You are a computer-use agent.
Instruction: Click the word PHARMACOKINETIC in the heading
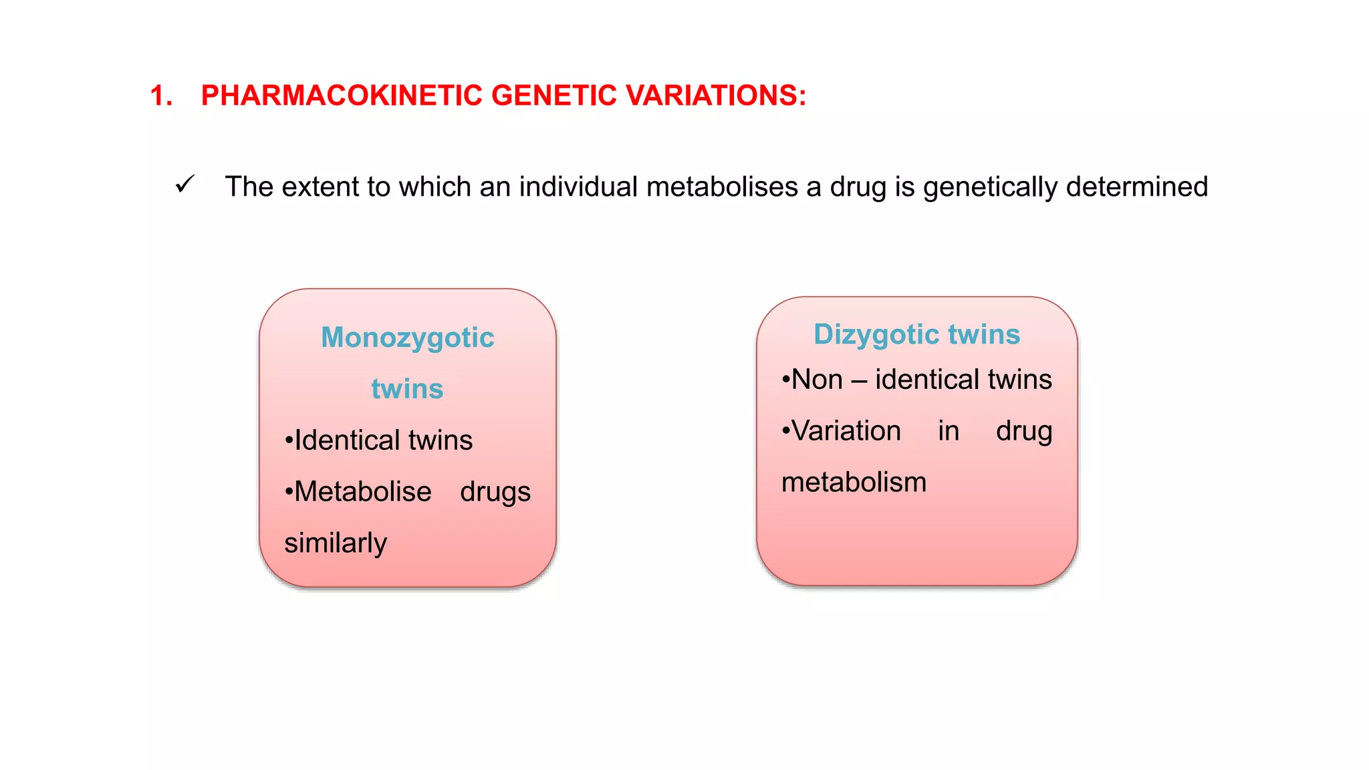click(342, 96)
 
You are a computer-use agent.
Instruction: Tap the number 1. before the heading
click(160, 96)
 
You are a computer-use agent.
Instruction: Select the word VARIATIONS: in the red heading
click(716, 96)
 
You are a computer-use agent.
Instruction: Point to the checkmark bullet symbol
click(184, 184)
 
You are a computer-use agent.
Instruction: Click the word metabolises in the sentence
click(722, 186)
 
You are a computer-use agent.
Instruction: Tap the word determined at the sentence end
click(1137, 186)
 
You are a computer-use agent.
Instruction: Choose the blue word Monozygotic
click(407, 338)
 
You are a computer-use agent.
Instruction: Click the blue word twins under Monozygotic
click(407, 389)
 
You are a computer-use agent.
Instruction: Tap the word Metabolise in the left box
click(362, 492)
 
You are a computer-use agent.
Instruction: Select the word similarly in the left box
click(336, 543)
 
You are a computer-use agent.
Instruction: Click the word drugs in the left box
click(495, 493)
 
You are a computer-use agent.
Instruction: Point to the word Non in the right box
click(816, 380)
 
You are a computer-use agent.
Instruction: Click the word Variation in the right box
click(846, 431)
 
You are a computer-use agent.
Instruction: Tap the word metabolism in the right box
click(854, 483)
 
